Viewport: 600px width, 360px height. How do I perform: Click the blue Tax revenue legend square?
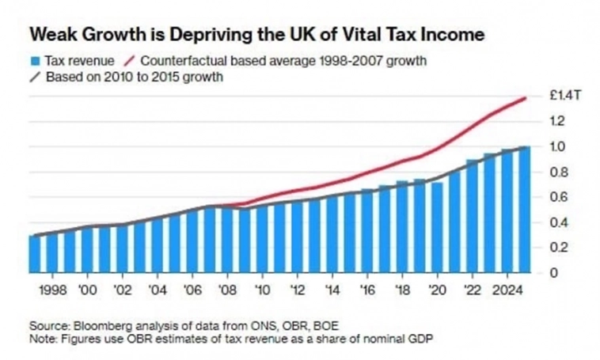[x=34, y=61]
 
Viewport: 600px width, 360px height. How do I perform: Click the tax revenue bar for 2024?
[x=507, y=210]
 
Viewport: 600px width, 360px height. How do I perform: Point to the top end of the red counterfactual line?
[x=526, y=98]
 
